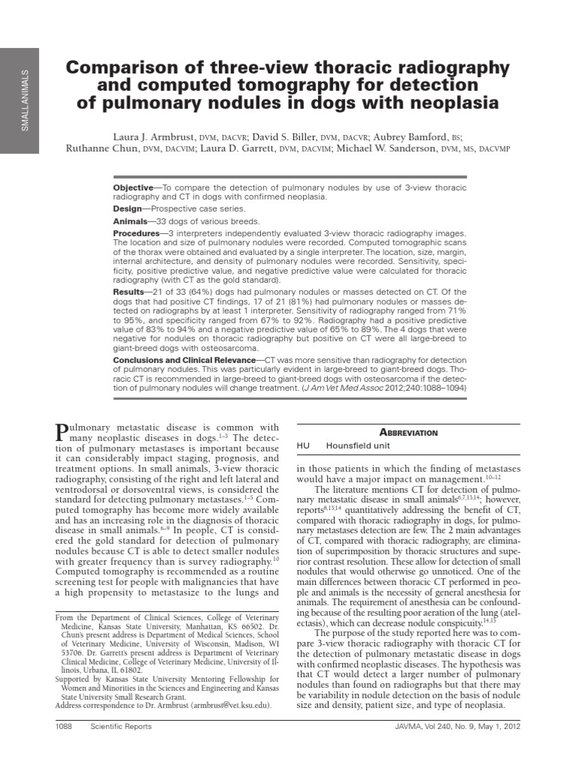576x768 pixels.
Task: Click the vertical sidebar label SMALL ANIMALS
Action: pos(25,100)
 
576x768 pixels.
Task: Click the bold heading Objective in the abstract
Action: pos(132,186)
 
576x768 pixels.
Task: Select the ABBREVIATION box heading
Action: pos(408,433)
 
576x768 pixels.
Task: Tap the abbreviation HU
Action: pos(303,445)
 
